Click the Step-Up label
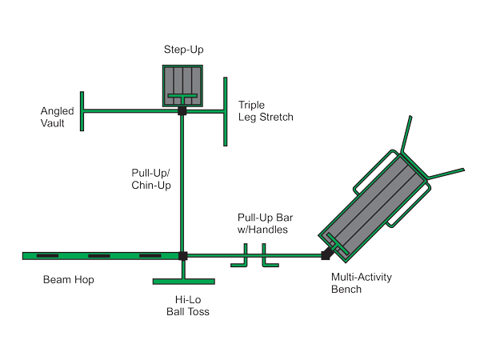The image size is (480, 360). (183, 50)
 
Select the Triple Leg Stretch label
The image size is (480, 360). (266, 110)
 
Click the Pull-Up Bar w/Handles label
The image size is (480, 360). (262, 223)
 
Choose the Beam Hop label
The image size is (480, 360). (68, 280)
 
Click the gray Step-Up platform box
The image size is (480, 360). (183, 84)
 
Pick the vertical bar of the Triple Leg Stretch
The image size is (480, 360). (226, 112)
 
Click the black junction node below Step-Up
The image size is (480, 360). (183, 110)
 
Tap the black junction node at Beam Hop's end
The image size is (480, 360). (183, 256)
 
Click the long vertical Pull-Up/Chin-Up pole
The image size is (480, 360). (183, 184)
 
